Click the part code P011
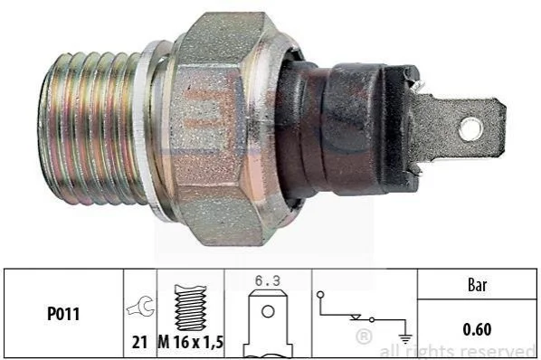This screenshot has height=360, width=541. (63, 314)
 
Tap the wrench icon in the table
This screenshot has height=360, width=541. (140, 306)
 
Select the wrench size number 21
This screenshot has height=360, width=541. (139, 342)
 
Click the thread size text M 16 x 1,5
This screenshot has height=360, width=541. (191, 342)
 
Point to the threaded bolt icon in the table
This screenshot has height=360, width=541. (191, 308)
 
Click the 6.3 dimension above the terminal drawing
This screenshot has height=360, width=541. (268, 280)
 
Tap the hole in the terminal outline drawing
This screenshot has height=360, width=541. (268, 312)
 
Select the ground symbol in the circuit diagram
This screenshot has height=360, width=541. (405, 338)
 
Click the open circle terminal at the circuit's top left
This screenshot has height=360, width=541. (320, 295)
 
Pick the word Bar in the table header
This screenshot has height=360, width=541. (477, 285)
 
